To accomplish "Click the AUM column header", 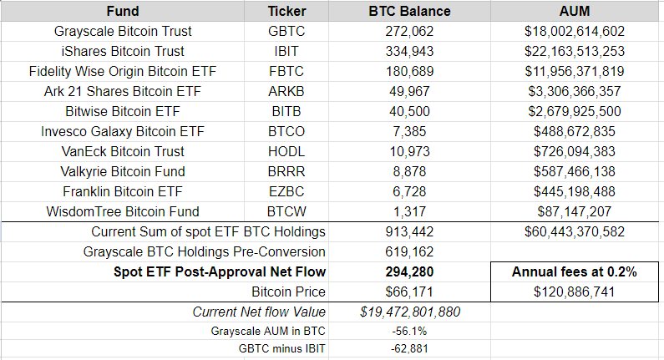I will (575, 12).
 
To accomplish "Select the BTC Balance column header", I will (409, 12).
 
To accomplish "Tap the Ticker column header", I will (286, 12).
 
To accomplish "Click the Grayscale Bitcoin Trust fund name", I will (123, 32).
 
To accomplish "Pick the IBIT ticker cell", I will (286, 52).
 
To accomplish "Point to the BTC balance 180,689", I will (409, 72).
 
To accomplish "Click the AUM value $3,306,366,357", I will (575, 92).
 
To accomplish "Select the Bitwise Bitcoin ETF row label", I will (123, 112).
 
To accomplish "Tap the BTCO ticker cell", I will (286, 132).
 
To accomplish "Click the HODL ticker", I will (286, 152).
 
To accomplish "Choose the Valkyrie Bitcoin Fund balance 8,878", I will (409, 172).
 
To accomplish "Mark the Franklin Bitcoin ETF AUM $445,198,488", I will (575, 192).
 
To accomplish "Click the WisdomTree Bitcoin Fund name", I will (123, 212).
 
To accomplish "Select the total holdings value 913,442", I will (409, 231).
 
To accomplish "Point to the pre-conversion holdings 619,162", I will (409, 251).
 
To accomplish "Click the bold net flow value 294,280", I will (409, 271).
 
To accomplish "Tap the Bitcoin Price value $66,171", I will (409, 292).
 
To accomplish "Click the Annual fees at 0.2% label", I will (575, 271).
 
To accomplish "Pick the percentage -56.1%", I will (409, 331).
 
